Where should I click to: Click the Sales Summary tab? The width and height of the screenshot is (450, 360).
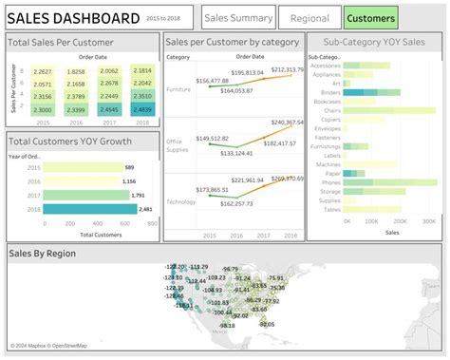point(238,17)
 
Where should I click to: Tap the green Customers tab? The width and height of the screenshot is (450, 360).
point(370,17)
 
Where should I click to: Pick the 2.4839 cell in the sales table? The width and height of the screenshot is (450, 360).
point(142,109)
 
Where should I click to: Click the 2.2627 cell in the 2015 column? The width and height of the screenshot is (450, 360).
point(43,71)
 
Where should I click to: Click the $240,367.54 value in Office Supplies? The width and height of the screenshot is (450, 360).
point(286,123)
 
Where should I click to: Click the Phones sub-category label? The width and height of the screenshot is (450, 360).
point(330,181)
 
